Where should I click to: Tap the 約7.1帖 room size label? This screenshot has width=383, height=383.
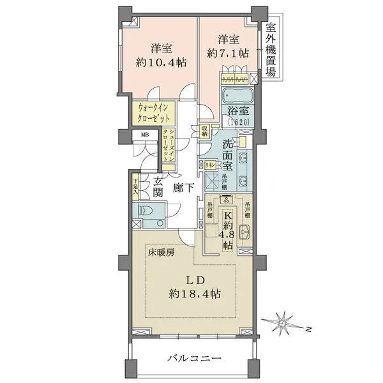pyautogui.click(x=227, y=54)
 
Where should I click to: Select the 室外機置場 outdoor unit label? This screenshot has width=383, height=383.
pyautogui.click(x=271, y=50)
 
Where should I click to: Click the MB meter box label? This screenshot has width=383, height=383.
pyautogui.click(x=146, y=135)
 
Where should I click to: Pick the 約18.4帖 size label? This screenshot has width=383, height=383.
pyautogui.click(x=195, y=294)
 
